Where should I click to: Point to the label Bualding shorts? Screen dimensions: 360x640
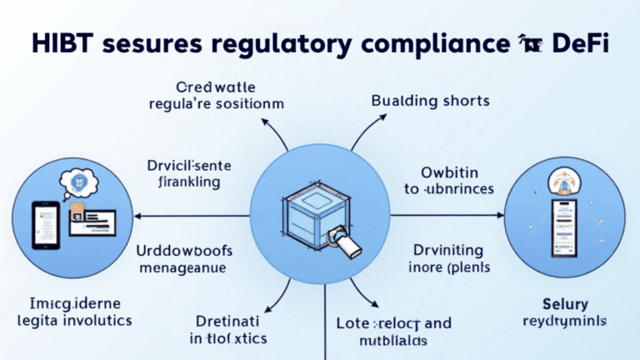[x=430, y=101]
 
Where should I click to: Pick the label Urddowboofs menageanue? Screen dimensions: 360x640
[x=184, y=258]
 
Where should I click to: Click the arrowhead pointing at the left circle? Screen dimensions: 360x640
[x=138, y=216]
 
